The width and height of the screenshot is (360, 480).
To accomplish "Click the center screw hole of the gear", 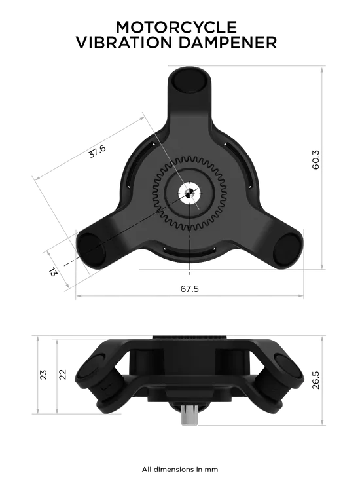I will pos(189,193).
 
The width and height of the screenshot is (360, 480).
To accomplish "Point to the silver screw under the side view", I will pos(189,414).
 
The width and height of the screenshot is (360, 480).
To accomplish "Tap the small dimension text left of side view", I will pos(41,376).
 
